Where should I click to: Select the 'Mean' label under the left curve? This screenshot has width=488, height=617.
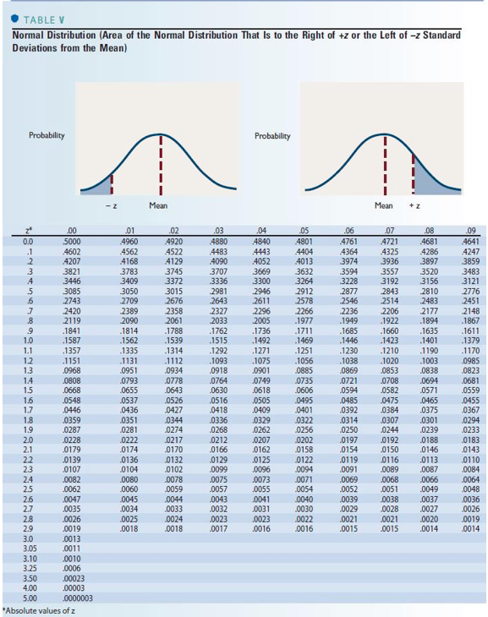[x=157, y=205]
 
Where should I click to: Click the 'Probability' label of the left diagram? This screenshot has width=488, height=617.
[x=47, y=135]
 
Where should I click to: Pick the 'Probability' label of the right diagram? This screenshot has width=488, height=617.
[x=272, y=135]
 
